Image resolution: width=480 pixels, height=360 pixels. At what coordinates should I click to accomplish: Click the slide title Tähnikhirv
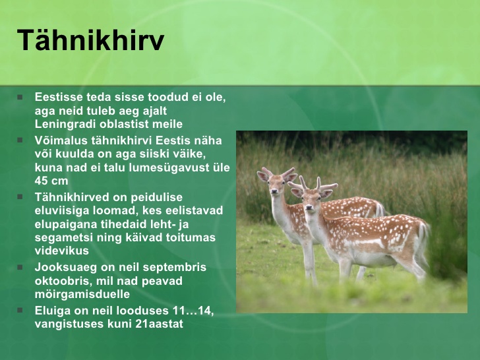(90, 40)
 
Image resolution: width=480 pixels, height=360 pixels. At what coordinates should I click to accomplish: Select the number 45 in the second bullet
(41, 181)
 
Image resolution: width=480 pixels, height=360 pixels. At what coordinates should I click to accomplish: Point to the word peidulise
(157, 197)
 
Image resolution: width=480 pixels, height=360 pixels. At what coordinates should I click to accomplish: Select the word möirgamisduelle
(82, 294)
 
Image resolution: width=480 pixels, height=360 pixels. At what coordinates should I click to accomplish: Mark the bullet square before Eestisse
(20, 98)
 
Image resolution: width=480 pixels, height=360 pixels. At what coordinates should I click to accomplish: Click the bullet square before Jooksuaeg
(20, 268)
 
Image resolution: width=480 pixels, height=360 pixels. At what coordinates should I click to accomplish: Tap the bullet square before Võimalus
(20, 140)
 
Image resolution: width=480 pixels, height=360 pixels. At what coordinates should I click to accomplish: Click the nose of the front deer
(309, 208)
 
